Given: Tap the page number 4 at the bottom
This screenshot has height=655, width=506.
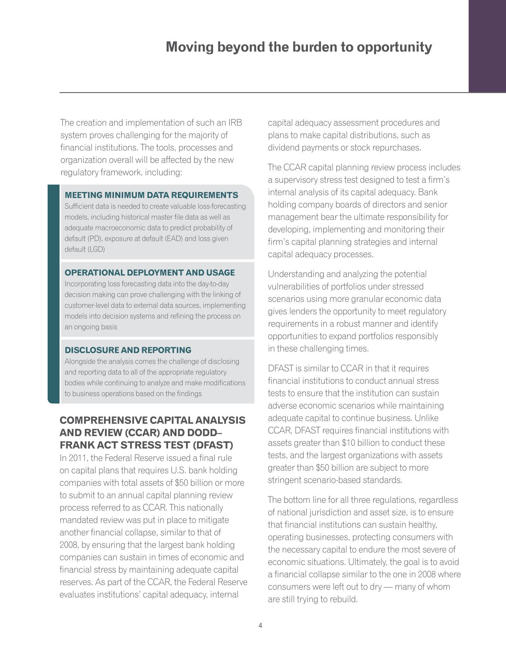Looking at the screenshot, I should coord(260,626).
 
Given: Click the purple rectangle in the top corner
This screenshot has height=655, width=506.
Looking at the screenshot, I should coord(487,45).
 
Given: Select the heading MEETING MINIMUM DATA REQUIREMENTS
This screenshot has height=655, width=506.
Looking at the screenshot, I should coord(151,195).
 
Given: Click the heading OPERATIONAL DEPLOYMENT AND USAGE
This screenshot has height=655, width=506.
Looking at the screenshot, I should coord(150,272).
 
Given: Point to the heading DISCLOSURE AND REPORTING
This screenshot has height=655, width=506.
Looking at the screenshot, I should coord(128,350).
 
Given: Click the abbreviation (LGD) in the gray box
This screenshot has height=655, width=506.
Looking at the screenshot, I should coord(96,249).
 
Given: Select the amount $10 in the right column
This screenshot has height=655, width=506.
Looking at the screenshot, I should coord(348,443).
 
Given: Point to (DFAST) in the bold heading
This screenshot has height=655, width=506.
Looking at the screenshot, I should coord(212,445).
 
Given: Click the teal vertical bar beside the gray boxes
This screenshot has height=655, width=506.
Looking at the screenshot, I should coord(54,294).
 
